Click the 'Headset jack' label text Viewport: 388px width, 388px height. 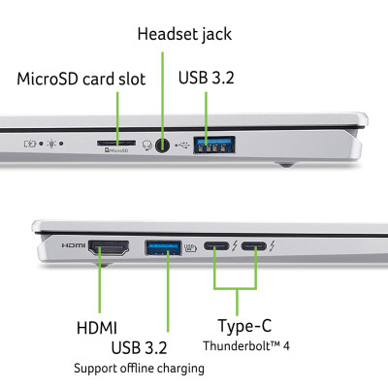tap(183, 35)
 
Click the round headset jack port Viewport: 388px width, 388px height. tap(165, 145)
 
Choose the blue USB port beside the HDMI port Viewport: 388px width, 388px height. tap(162, 247)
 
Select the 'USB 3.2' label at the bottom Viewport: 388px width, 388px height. tap(139, 348)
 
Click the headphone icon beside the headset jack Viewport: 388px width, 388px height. tap(147, 145)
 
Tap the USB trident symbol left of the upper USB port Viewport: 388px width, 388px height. tap(187, 145)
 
